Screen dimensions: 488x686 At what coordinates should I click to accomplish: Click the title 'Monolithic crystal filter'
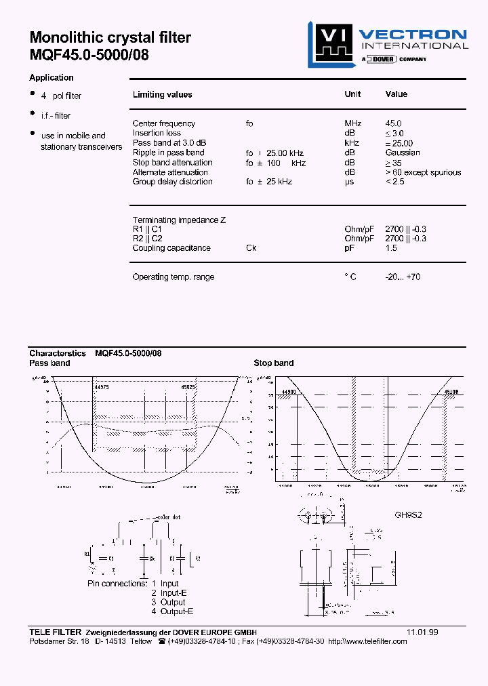pyautogui.click(x=110, y=38)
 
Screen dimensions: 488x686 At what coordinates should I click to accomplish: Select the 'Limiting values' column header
pyautogui.click(x=162, y=95)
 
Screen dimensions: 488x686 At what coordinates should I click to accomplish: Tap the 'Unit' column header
pyautogui.click(x=352, y=94)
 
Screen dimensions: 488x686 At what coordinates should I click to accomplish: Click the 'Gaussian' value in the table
pyautogui.click(x=403, y=153)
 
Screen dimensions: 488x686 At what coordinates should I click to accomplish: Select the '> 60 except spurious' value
pyautogui.click(x=423, y=172)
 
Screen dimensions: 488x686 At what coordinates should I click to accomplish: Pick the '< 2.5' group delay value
pyautogui.click(x=395, y=182)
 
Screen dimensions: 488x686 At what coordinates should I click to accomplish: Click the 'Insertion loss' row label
pyautogui.click(x=157, y=133)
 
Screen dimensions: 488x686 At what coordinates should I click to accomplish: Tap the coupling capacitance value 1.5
pyautogui.click(x=391, y=248)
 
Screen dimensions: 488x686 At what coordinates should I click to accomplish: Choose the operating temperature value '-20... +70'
pyautogui.click(x=403, y=277)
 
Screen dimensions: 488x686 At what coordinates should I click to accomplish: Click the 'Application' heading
pyautogui.click(x=52, y=78)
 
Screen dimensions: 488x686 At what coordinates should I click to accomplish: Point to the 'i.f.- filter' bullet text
pyautogui.click(x=56, y=116)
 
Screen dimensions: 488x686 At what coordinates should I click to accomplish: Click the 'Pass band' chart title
pyautogui.click(x=49, y=363)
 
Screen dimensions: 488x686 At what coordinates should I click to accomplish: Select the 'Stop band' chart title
pyautogui.click(x=274, y=363)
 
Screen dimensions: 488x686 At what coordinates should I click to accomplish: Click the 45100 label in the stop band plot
pyautogui.click(x=451, y=392)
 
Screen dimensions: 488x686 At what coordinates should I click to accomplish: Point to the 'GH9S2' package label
pyautogui.click(x=409, y=515)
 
